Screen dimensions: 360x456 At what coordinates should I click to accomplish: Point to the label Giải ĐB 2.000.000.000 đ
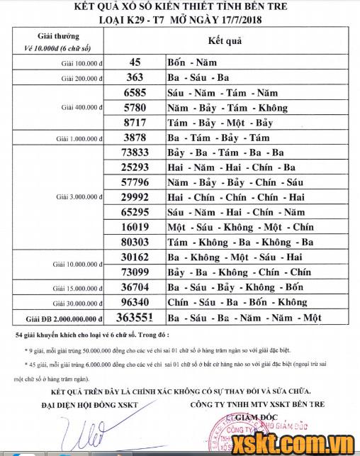click(x=65, y=318)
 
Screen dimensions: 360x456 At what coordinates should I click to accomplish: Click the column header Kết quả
click(x=226, y=41)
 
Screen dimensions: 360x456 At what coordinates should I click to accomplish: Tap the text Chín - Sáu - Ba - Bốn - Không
click(x=237, y=302)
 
